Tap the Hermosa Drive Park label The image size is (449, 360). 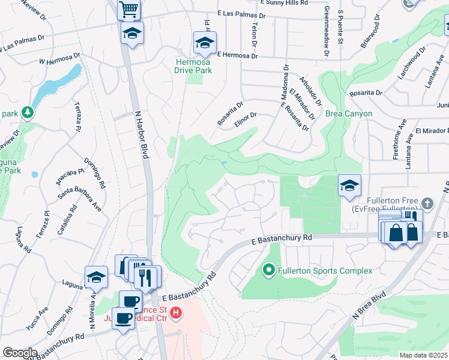coord(193,66)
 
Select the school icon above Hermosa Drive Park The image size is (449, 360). coord(205,43)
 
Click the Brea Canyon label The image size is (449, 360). coord(349,113)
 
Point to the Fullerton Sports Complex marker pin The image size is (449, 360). coord(268,271)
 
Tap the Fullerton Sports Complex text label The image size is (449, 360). coord(325,271)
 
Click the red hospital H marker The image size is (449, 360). coord(175,313)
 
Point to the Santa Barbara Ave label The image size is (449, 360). coord(79,197)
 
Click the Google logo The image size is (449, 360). coord(20,353)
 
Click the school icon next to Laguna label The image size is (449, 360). coord(96,277)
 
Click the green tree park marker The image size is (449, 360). coord(26,112)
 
